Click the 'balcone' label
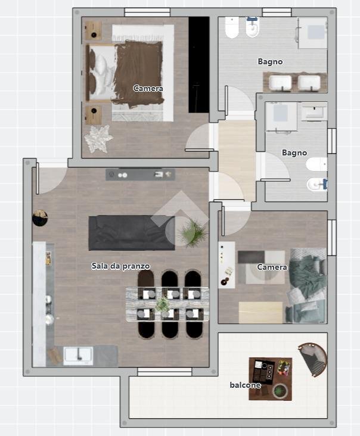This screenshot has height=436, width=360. coord(245,385)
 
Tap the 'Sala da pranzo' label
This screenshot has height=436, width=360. coord(120,266)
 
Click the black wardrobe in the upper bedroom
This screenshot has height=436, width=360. coord(199,64)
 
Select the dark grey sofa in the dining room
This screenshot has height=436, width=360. coord(132,233)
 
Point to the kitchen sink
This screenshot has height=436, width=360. coord(78,356)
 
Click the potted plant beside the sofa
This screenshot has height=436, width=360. coord(193,233)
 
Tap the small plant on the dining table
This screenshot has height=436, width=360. coord(163,305)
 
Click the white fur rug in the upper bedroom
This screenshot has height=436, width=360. coord(98,138)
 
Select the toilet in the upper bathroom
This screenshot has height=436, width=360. coord(232,27)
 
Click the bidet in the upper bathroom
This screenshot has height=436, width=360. coord(253,27)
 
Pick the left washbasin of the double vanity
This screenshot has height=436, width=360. coord(280,83)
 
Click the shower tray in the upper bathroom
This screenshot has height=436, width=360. coord(313,33)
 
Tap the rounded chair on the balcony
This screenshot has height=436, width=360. coord(314,359)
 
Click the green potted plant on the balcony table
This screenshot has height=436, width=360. coord(280,391)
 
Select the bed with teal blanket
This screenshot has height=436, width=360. coord(307,285)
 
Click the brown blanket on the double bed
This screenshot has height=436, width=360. coord(138,74)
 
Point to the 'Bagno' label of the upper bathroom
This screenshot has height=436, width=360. coord(270,61)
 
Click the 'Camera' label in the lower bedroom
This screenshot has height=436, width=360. coord(272,267)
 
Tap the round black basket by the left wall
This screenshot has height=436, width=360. coord(40,218)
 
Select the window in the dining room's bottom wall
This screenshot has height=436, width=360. coord(165,372)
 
